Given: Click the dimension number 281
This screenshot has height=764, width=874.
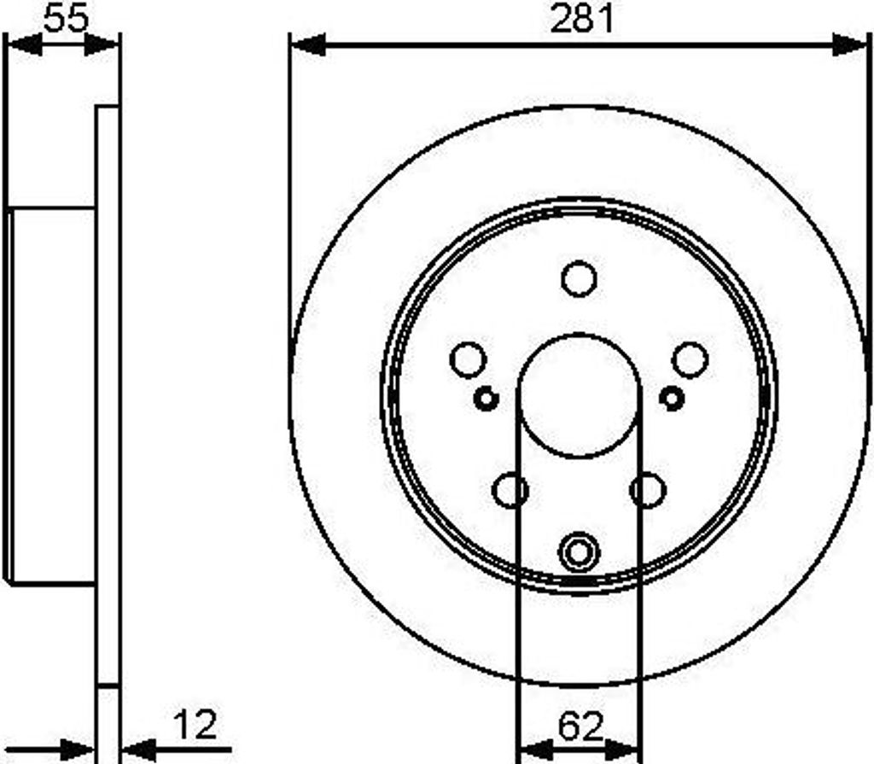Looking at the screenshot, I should click(581, 19).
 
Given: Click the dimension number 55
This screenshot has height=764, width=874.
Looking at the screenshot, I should click(65, 18).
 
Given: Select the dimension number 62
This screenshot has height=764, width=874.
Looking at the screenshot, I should click(580, 727).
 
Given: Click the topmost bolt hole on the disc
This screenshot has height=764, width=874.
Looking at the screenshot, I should click(579, 279).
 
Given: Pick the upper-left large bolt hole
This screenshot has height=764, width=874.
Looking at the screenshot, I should click(468, 359).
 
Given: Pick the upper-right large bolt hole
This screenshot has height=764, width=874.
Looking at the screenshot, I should click(690, 359).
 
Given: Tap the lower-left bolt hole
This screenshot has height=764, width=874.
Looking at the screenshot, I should click(511, 490).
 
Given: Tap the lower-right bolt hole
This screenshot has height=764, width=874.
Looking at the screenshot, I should click(647, 490).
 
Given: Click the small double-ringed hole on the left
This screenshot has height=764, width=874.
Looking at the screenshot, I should click(486, 398).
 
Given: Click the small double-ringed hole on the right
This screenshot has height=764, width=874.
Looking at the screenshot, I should click(672, 398).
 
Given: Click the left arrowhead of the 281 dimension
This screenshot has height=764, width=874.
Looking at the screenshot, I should click(307, 44).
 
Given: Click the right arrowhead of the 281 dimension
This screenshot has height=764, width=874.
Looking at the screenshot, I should click(850, 44).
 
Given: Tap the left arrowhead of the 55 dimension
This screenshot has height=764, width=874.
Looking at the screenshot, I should click(23, 44).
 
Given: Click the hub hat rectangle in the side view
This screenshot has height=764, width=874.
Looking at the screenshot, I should click(51, 395).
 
